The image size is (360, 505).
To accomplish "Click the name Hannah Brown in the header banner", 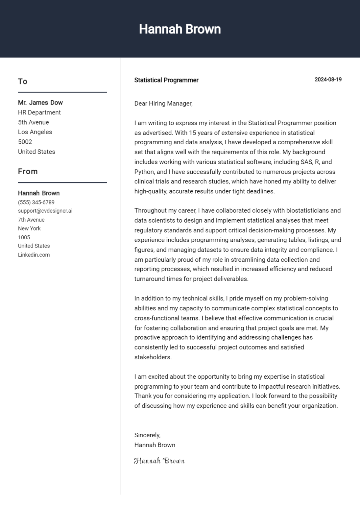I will click(x=180, y=29).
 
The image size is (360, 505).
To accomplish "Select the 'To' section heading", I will click(x=23, y=82).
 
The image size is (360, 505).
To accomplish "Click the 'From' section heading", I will click(x=28, y=172).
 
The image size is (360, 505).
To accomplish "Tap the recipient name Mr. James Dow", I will click(x=40, y=103).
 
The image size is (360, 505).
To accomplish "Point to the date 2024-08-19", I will click(x=328, y=80).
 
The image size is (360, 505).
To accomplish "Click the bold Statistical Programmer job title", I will click(x=166, y=80).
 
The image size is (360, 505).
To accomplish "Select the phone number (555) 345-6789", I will click(x=36, y=203).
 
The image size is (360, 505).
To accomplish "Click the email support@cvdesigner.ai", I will click(x=45, y=211).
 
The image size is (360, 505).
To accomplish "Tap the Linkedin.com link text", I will click(x=34, y=255).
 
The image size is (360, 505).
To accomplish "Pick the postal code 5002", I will click(x=25, y=142).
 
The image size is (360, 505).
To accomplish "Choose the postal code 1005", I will click(x=24, y=237).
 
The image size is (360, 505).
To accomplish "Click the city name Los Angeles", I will click(x=35, y=132).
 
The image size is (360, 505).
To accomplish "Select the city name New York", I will click(x=29, y=228).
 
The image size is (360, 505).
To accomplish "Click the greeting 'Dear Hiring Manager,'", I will click(x=163, y=104).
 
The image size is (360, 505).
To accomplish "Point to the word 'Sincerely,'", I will click(x=147, y=435).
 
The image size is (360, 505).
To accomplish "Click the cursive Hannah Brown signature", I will click(x=159, y=461).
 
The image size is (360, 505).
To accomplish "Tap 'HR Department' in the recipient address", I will click(x=39, y=112).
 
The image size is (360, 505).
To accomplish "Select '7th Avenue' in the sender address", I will click(x=31, y=220).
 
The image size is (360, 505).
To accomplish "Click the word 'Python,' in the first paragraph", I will click(x=144, y=172).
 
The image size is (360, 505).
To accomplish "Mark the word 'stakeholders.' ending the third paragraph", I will click(x=153, y=357).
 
